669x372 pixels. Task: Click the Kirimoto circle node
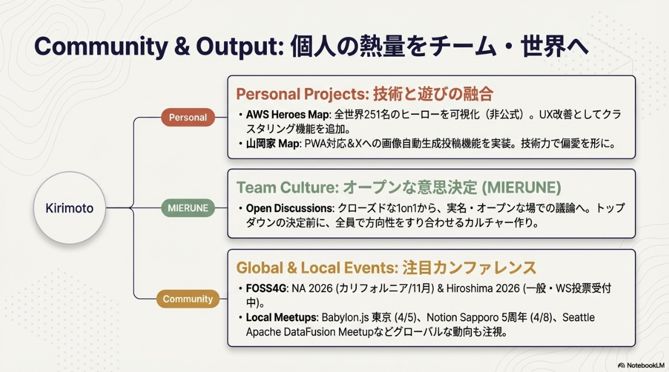70,208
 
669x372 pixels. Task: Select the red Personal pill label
188,117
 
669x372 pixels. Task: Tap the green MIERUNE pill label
188,208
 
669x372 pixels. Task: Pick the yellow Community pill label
188,299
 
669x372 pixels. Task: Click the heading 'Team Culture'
287,187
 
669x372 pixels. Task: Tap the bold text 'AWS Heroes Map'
288,115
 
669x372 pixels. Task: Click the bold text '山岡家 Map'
273,144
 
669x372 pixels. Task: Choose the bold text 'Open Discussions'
289,209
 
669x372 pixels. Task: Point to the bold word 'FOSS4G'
266,288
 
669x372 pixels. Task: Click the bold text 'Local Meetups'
282,318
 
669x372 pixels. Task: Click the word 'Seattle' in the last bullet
579,318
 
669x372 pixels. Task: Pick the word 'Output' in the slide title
240,46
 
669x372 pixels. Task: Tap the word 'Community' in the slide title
101,46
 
